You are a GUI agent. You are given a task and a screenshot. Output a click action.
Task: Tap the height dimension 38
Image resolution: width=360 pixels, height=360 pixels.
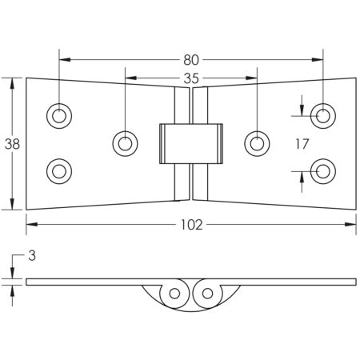coord(11,144)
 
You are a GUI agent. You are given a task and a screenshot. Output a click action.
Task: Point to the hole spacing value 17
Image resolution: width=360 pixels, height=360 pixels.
coord(301,144)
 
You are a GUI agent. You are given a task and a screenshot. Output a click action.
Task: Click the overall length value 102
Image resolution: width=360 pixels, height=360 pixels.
coord(190,225)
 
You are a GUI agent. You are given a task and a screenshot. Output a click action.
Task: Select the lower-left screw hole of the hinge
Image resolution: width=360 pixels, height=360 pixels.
coord(58,170)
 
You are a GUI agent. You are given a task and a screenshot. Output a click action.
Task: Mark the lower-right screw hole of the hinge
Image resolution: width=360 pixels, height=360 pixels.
coord(322,170)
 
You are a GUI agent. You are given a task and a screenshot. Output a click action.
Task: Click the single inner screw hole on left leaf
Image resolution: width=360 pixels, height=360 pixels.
coord(125,143)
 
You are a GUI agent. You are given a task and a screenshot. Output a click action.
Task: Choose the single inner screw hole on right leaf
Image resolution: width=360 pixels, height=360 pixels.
coord(256,143)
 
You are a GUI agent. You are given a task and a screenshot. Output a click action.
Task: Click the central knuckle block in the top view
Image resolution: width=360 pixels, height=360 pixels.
coord(190,143)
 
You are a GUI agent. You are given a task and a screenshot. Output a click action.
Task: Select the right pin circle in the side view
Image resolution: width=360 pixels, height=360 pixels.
coord(208,294)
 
